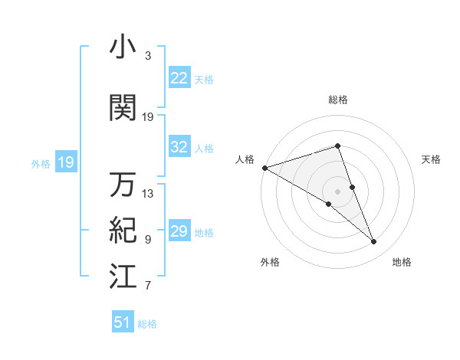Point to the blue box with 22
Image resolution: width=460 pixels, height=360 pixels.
click(x=179, y=77)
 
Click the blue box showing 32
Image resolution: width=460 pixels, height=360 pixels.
click(x=179, y=147)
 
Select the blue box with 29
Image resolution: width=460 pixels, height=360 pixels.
click(x=179, y=231)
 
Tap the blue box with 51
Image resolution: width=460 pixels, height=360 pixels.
click(x=123, y=322)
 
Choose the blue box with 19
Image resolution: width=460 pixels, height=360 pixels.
click(x=65, y=162)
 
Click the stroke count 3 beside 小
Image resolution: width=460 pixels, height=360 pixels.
click(x=148, y=57)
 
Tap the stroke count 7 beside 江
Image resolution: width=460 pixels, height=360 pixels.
click(x=148, y=286)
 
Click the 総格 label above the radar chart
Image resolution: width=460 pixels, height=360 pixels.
click(x=338, y=100)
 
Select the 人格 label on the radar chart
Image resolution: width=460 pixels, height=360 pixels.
click(x=245, y=159)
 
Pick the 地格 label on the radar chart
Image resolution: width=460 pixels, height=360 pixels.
click(x=402, y=263)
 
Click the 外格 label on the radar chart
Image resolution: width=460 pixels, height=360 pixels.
click(x=270, y=263)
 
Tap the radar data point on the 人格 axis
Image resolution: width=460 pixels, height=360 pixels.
click(x=264, y=167)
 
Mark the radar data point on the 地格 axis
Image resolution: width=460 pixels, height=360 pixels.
click(x=374, y=242)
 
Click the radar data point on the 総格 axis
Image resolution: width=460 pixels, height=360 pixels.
click(x=338, y=146)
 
